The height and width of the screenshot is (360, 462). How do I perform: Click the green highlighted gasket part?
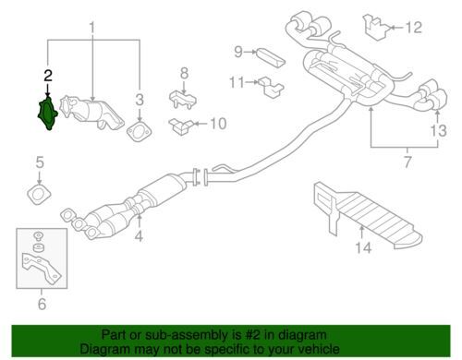point(47,114)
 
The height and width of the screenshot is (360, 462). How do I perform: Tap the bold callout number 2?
point(48,76)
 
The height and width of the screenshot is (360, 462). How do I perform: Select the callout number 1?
point(92,28)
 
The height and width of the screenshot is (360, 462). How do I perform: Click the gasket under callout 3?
point(140,131)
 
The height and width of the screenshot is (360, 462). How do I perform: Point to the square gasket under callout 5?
point(39,195)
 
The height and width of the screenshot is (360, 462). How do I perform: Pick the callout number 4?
point(139,236)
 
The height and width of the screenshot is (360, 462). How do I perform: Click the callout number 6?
point(42,304)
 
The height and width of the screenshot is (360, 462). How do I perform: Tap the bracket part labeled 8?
point(183,99)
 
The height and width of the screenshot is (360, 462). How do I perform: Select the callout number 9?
point(238,52)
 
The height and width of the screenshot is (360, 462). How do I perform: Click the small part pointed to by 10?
point(181,126)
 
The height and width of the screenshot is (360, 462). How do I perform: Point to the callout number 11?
point(237,82)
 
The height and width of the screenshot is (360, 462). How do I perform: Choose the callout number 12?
point(413,28)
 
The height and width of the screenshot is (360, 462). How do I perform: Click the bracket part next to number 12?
point(376,27)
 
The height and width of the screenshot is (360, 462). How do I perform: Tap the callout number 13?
point(438,130)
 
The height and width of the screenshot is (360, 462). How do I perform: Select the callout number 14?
point(363,247)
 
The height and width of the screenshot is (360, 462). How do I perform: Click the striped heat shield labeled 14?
point(367,215)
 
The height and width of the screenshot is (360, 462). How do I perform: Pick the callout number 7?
point(407,162)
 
